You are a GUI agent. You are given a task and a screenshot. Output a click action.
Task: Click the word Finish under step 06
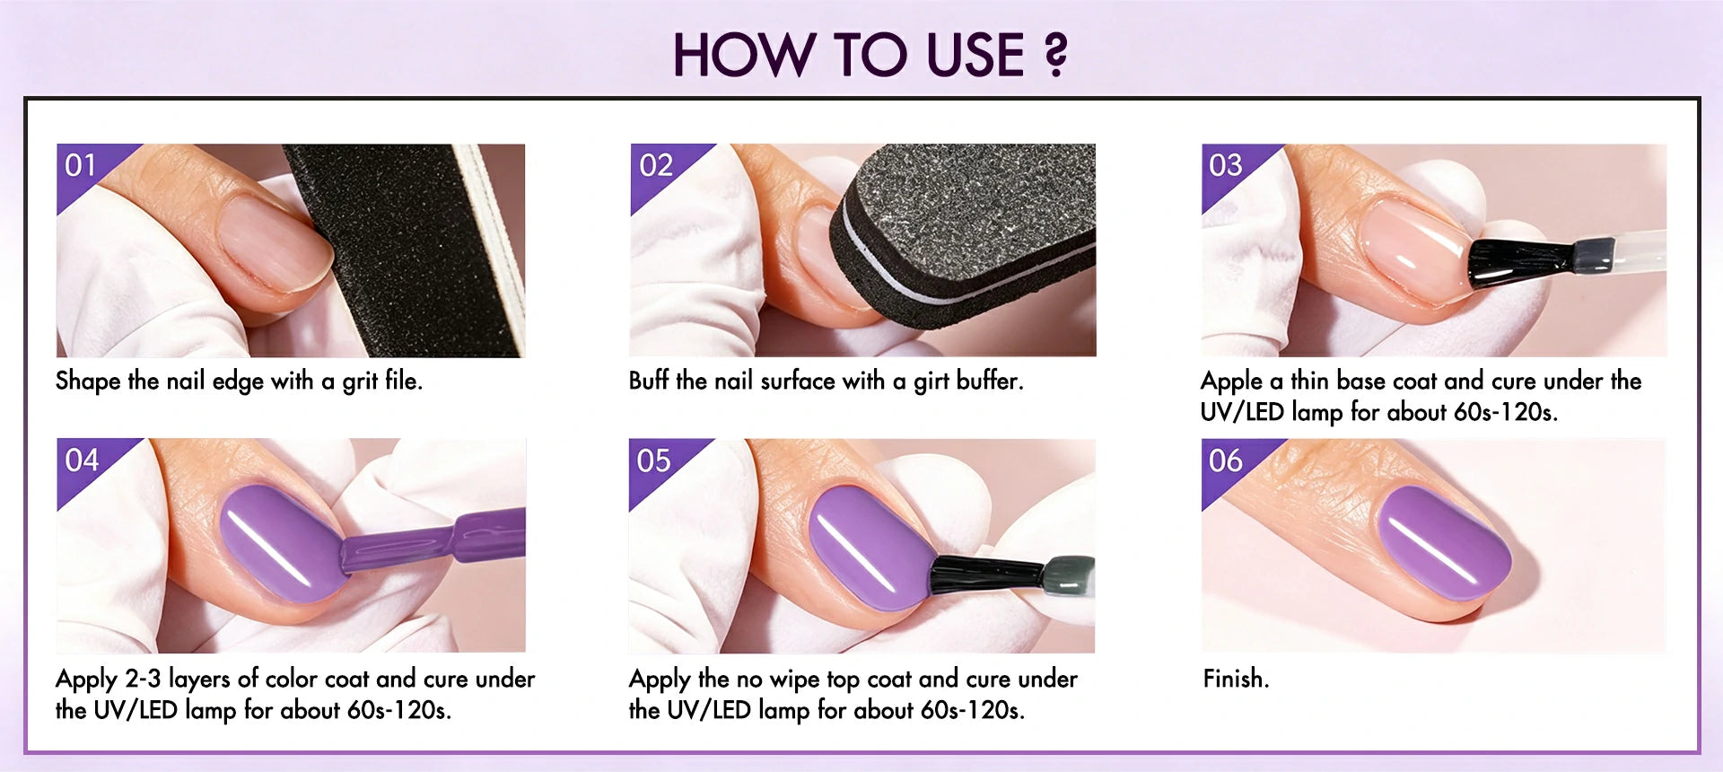(1236, 679)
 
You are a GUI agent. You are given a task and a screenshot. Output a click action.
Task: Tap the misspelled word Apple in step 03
(1231, 382)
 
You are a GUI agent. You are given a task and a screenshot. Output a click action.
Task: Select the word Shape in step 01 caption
(88, 382)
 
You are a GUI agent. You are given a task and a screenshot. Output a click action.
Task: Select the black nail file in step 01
(404, 251)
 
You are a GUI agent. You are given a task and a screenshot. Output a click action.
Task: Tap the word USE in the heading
(975, 55)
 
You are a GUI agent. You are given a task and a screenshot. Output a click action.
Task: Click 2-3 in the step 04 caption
(143, 679)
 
